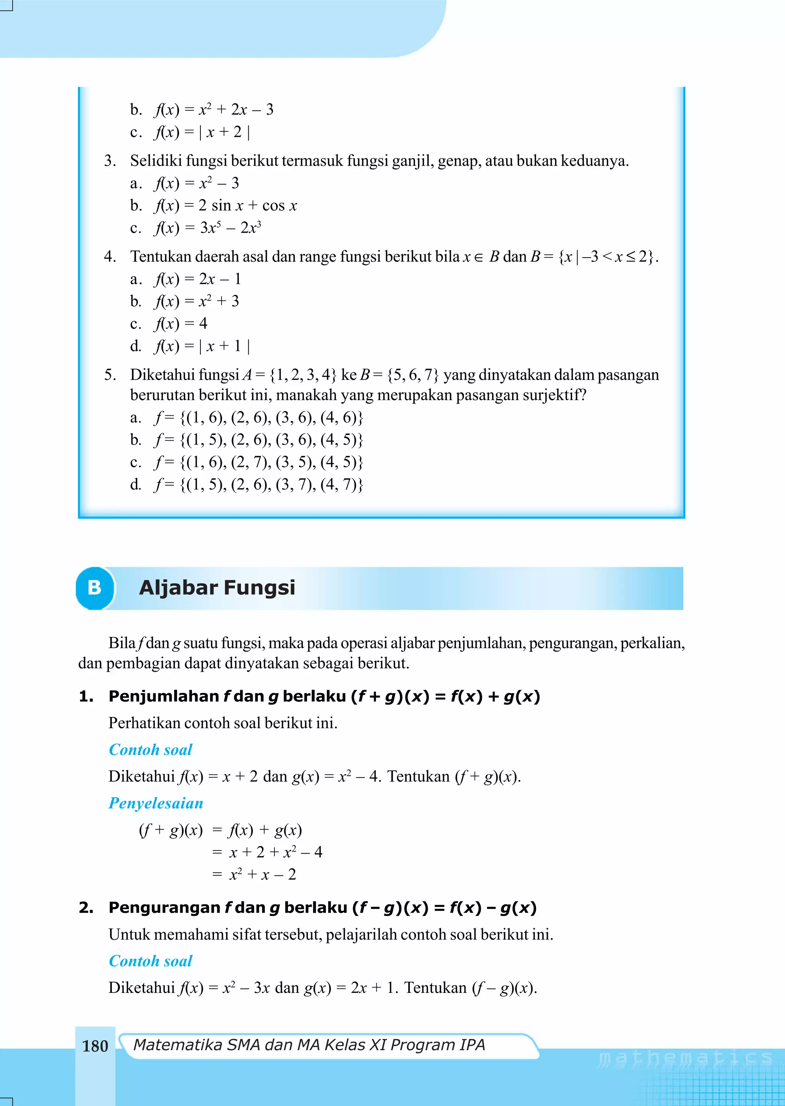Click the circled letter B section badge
[x=95, y=588]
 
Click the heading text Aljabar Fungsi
[x=217, y=588]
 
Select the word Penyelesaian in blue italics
[x=156, y=803]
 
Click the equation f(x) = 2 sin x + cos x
[x=225, y=206]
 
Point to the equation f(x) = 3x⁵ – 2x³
[x=208, y=228]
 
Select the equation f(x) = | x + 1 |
[x=202, y=346]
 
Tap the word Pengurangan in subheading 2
[x=164, y=908]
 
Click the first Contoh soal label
[x=150, y=750]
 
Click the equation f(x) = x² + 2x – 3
[x=213, y=110]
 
